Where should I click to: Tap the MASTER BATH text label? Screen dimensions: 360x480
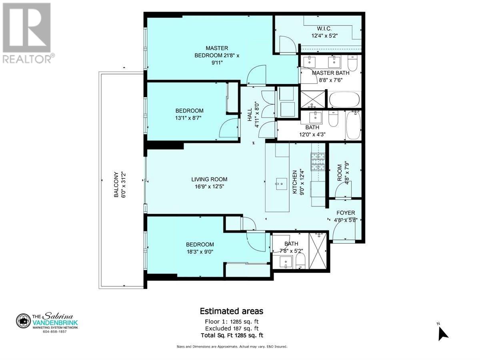tap(330, 73)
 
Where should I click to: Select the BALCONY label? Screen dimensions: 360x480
tap(116, 185)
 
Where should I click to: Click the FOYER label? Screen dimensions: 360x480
tap(346, 213)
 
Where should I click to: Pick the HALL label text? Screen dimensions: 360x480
tap(250, 114)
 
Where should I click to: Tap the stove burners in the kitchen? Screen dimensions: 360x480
tap(318, 162)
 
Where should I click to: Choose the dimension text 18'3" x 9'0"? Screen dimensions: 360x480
tap(200, 252)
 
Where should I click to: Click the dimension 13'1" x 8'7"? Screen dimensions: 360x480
tap(189, 118)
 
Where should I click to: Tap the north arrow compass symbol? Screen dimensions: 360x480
tap(443, 333)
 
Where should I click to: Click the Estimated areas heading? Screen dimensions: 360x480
tap(231, 311)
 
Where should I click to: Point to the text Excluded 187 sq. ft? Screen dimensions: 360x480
tap(231, 328)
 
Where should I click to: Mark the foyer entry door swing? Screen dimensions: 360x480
tap(342, 231)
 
